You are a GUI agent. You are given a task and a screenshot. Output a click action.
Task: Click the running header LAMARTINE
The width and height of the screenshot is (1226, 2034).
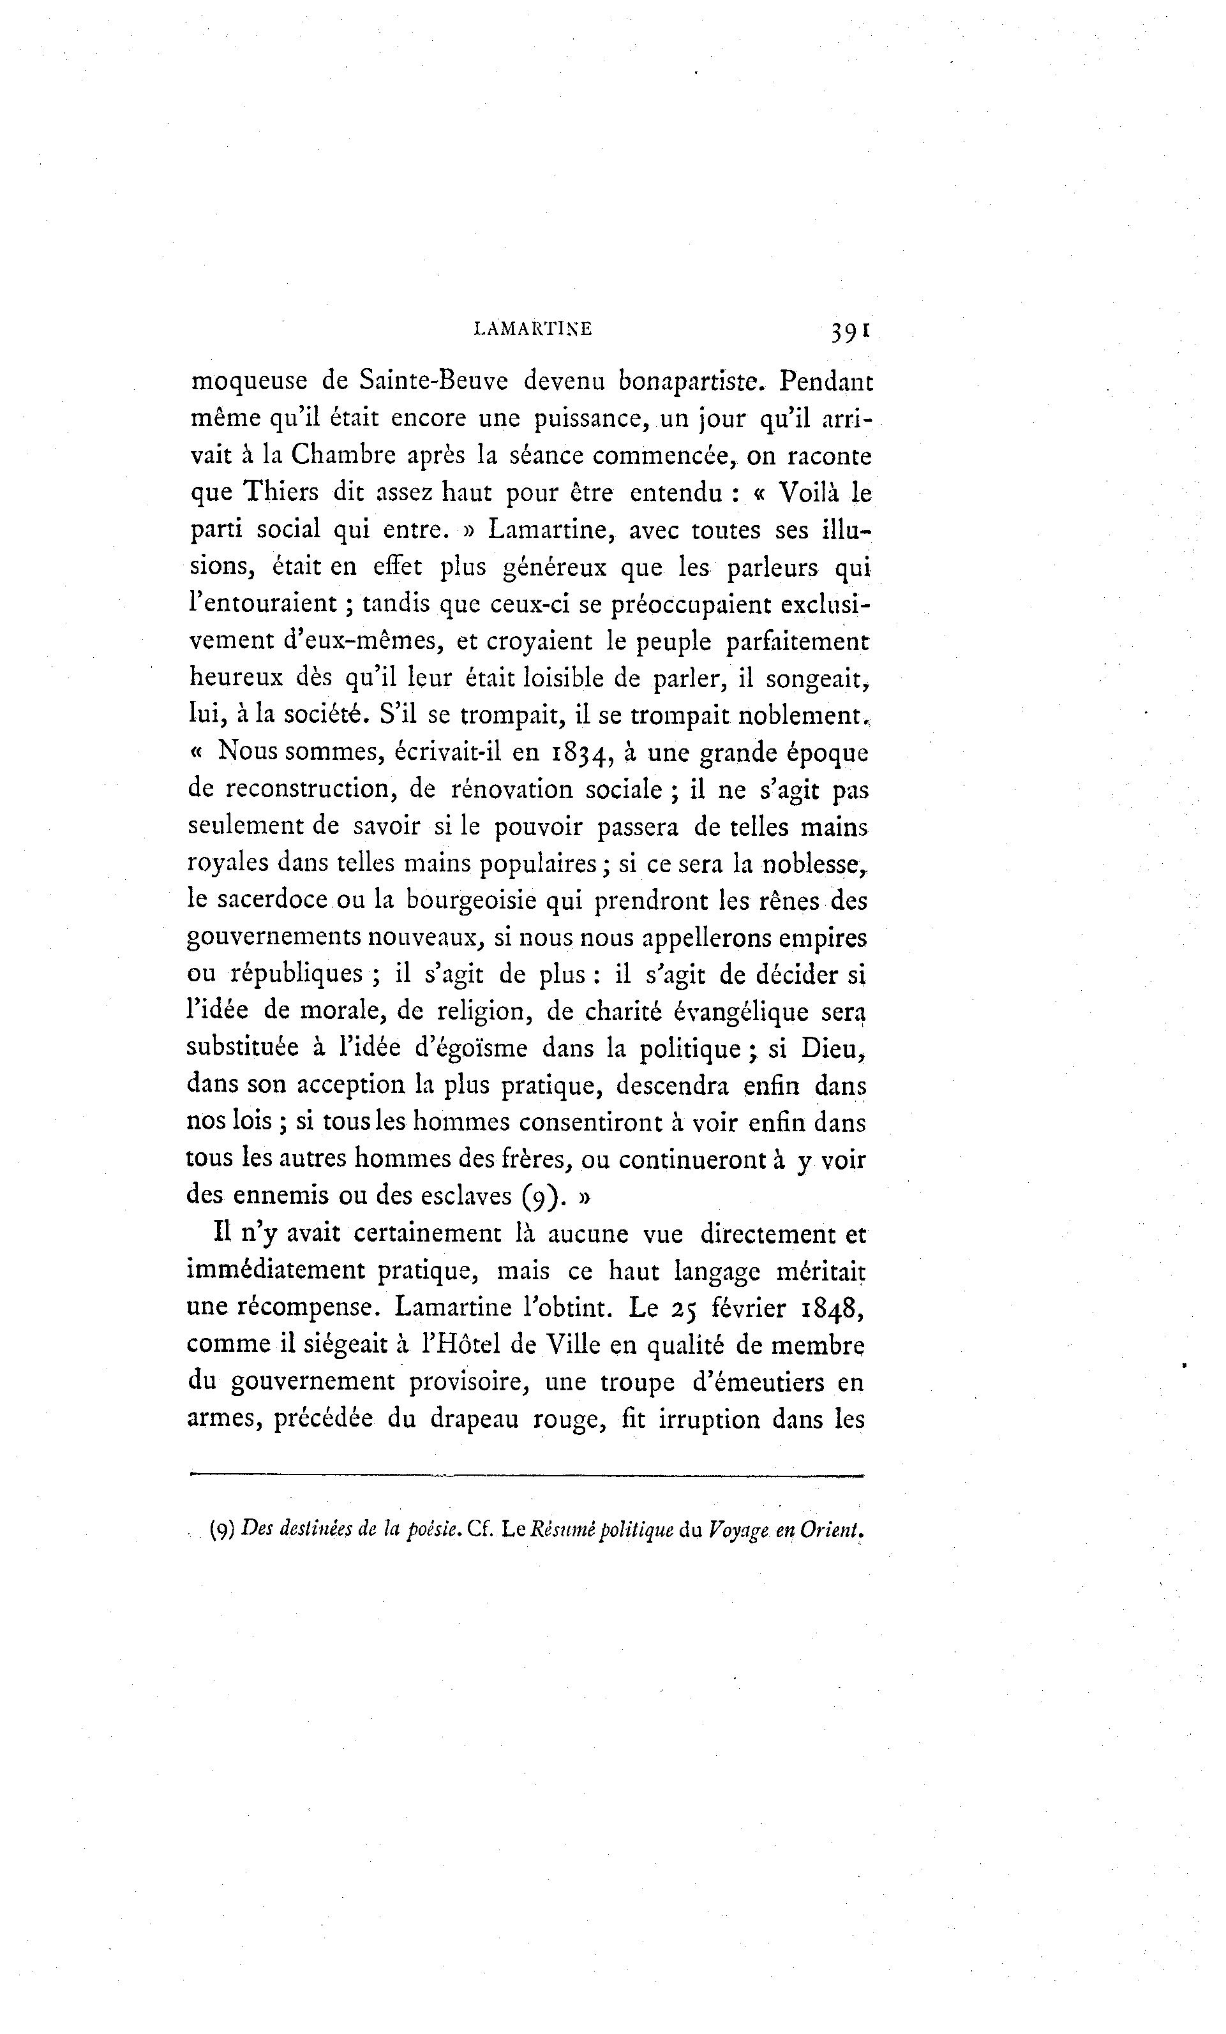[532, 329]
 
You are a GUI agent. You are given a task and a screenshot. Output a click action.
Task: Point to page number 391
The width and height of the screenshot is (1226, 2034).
[850, 331]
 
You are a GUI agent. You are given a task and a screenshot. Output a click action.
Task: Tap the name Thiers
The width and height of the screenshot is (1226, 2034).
[280, 492]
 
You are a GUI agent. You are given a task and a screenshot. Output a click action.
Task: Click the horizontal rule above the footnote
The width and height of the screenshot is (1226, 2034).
[526, 1475]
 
